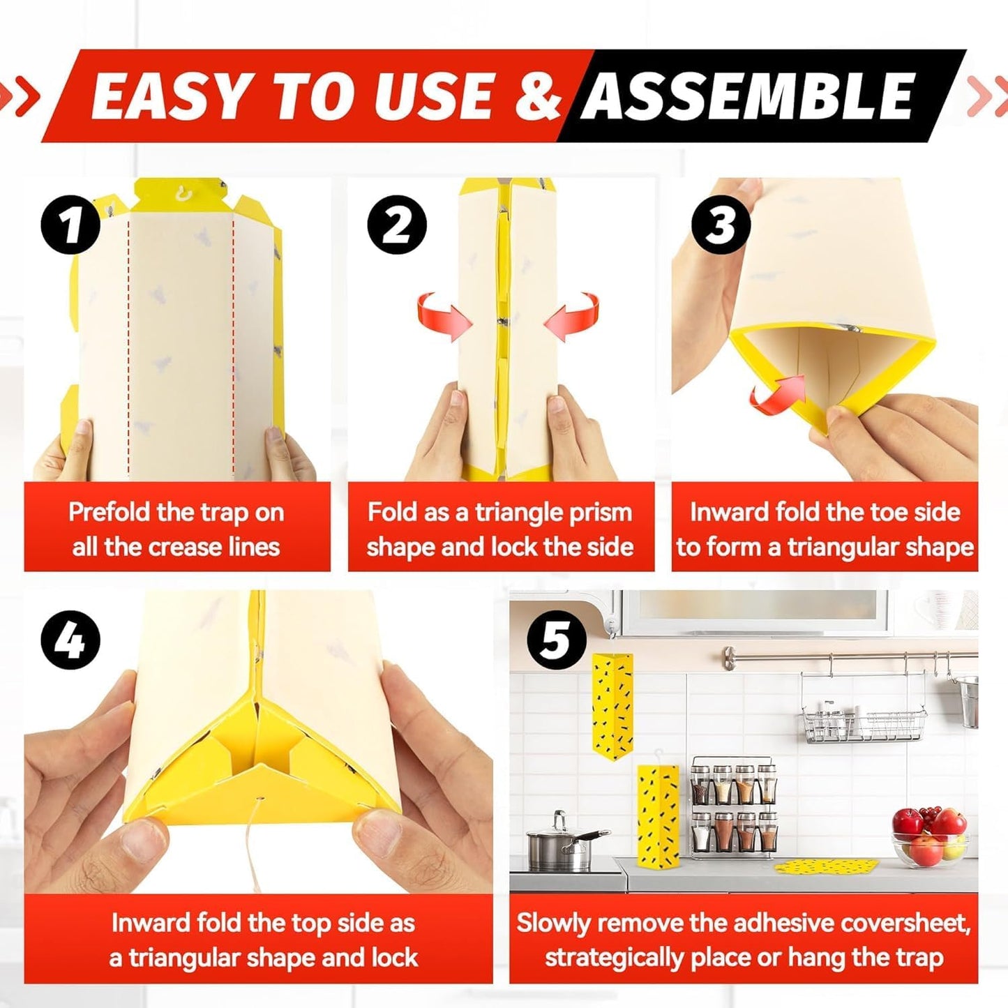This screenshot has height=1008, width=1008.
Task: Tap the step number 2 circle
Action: [x=397, y=224]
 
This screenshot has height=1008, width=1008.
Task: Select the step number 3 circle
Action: [x=721, y=224]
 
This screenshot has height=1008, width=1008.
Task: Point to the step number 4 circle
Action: [x=70, y=640]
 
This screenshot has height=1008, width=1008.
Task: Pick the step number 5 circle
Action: [x=556, y=640]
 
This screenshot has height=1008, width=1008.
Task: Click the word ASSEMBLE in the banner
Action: [x=749, y=96]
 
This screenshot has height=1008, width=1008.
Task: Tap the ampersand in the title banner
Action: [x=538, y=96]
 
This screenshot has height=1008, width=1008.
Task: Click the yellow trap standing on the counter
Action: [x=657, y=815]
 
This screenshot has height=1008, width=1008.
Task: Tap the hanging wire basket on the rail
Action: [x=863, y=723]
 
